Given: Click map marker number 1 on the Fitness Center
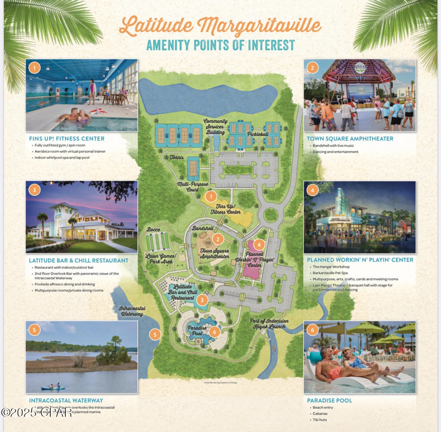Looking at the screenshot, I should click(211, 196).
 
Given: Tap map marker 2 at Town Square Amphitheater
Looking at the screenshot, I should click(218, 239).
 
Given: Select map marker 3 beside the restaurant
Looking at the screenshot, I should click(202, 300).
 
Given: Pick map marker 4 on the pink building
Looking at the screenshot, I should click(259, 245).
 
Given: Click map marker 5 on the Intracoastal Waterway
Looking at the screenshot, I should click(155, 335).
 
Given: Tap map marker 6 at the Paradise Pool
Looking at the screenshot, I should click(214, 332).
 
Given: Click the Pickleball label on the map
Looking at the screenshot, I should click(258, 134).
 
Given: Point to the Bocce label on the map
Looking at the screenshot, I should click(153, 230).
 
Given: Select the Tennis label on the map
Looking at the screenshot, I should click(177, 157).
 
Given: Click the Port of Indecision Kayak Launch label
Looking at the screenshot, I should click(269, 324).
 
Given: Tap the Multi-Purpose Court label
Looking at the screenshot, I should click(192, 187).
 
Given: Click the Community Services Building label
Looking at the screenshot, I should click(215, 127).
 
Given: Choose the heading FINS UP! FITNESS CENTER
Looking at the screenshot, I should click(67, 139).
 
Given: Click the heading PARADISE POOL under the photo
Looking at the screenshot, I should click(329, 401).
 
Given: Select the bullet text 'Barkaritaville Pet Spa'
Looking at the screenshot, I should click(330, 273).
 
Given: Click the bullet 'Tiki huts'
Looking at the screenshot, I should click(320, 420).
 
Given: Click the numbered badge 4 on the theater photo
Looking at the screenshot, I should click(312, 190).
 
